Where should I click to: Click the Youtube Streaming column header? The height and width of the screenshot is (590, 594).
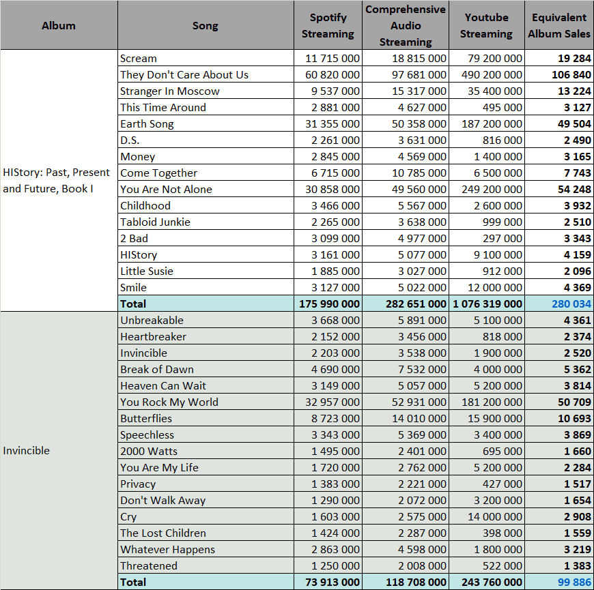click(x=486, y=25)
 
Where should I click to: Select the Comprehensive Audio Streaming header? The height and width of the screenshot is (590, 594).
click(x=406, y=25)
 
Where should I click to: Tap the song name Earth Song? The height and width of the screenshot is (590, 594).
click(x=147, y=123)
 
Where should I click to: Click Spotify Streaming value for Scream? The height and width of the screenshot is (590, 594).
click(x=333, y=58)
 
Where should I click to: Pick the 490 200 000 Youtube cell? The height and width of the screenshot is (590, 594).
click(x=492, y=74)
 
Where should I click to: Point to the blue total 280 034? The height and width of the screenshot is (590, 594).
click(x=571, y=304)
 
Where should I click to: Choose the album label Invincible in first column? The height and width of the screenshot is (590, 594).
click(x=26, y=450)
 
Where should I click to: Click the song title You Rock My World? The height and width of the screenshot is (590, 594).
click(x=169, y=402)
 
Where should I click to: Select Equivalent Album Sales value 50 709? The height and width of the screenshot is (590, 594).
click(x=574, y=402)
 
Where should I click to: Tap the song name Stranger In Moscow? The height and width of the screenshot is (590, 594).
click(x=170, y=91)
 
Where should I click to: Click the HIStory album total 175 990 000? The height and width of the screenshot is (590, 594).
click(x=329, y=304)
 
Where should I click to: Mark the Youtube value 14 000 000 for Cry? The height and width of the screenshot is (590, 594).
click(x=495, y=516)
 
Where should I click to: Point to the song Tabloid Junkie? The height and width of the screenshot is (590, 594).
click(x=155, y=222)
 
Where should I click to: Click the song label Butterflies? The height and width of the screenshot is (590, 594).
click(x=146, y=418)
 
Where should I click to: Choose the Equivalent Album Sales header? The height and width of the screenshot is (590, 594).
click(x=559, y=25)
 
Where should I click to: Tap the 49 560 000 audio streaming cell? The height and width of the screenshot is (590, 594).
click(x=419, y=189)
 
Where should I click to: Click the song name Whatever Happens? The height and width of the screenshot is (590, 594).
click(x=167, y=549)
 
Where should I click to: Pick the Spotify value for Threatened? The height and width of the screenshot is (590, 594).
click(x=335, y=565)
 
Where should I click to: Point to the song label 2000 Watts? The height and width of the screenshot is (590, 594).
click(x=149, y=451)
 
